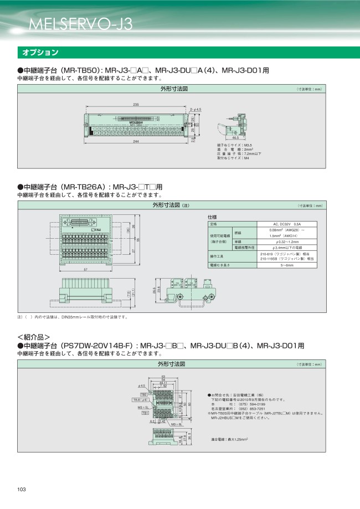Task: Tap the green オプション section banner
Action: (40, 53)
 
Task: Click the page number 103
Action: (22, 489)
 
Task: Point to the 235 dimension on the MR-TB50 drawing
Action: (136, 105)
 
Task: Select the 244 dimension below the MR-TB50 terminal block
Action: (136, 141)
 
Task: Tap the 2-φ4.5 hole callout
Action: (195, 110)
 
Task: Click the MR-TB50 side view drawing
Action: (235, 125)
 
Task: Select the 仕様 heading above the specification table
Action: (212, 217)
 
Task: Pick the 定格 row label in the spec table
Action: (213, 224)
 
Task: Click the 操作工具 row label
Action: (216, 256)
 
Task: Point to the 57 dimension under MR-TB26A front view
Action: (86, 269)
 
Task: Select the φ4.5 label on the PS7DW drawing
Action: (141, 385)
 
